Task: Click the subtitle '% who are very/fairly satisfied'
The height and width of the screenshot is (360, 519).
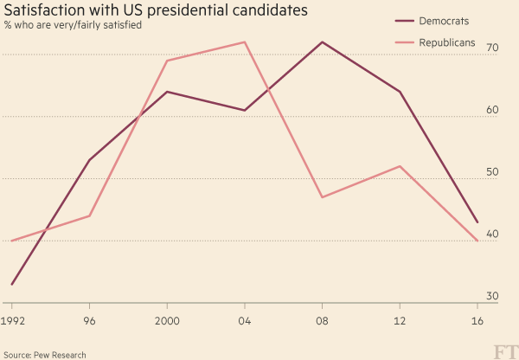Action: point(73,25)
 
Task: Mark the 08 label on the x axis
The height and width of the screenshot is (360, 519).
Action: point(322,319)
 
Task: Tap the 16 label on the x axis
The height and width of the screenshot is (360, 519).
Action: point(477,319)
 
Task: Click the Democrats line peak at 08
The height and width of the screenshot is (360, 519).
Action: point(322,42)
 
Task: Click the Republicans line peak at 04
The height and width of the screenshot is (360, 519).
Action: point(245,42)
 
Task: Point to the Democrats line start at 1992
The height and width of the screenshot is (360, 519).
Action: point(11,284)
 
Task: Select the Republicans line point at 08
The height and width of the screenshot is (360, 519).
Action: point(322,197)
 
